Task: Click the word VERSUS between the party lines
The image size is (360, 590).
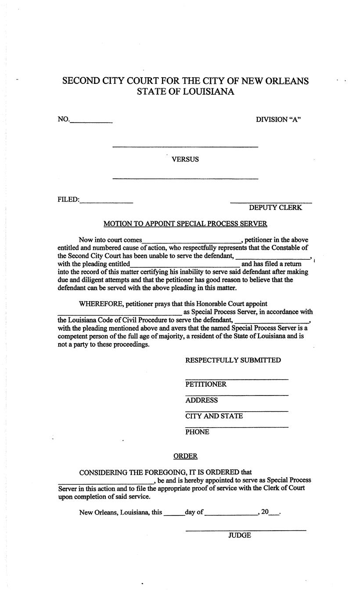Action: pyautogui.click(x=185, y=159)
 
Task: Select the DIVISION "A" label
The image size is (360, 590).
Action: pyautogui.click(x=278, y=120)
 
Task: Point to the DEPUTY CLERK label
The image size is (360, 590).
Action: pyautogui.click(x=275, y=208)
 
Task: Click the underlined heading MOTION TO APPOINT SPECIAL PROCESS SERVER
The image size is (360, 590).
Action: pyautogui.click(x=185, y=224)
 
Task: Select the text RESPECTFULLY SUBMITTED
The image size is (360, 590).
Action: pyautogui.click(x=233, y=360)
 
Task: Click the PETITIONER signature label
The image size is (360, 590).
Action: pyautogui.click(x=206, y=385)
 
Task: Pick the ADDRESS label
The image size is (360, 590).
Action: pyautogui.click(x=202, y=400)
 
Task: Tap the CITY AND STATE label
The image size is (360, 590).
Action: pyautogui.click(x=214, y=416)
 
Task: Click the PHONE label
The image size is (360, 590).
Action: pyautogui.click(x=197, y=432)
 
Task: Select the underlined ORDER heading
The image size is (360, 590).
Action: pyautogui.click(x=185, y=457)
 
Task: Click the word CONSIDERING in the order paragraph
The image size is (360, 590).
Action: pyautogui.click(x=103, y=473)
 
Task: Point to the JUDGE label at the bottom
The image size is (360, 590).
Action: pyautogui.click(x=240, y=536)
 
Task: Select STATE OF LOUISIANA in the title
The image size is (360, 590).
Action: pyautogui.click(x=185, y=92)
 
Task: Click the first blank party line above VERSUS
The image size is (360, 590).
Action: pyautogui.click(x=185, y=146)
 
